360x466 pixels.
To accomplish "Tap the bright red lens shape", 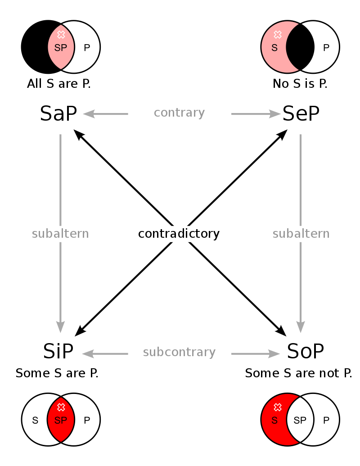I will click(x=61, y=430).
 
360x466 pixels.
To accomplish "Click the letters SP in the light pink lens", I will click(x=60, y=48).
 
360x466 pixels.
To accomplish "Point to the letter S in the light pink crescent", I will click(x=274, y=48).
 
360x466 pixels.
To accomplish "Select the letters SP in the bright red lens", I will click(x=60, y=421).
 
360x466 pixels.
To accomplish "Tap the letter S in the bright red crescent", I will click(x=274, y=421).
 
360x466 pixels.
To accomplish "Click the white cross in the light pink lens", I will click(x=61, y=35).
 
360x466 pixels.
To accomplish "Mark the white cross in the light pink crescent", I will click(x=278, y=35).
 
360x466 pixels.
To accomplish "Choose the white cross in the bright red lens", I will click(x=61, y=407).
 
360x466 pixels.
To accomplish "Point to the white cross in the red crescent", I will click(x=278, y=407).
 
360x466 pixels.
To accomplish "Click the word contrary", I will click(x=179, y=113).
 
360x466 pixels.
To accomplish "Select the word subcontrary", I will click(x=179, y=352).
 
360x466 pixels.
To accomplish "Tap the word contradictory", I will click(x=180, y=234).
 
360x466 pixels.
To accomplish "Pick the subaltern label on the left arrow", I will click(x=60, y=234).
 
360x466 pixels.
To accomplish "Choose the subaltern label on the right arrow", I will click(x=301, y=234).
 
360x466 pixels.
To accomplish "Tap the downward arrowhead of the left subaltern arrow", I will click(x=60, y=327).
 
